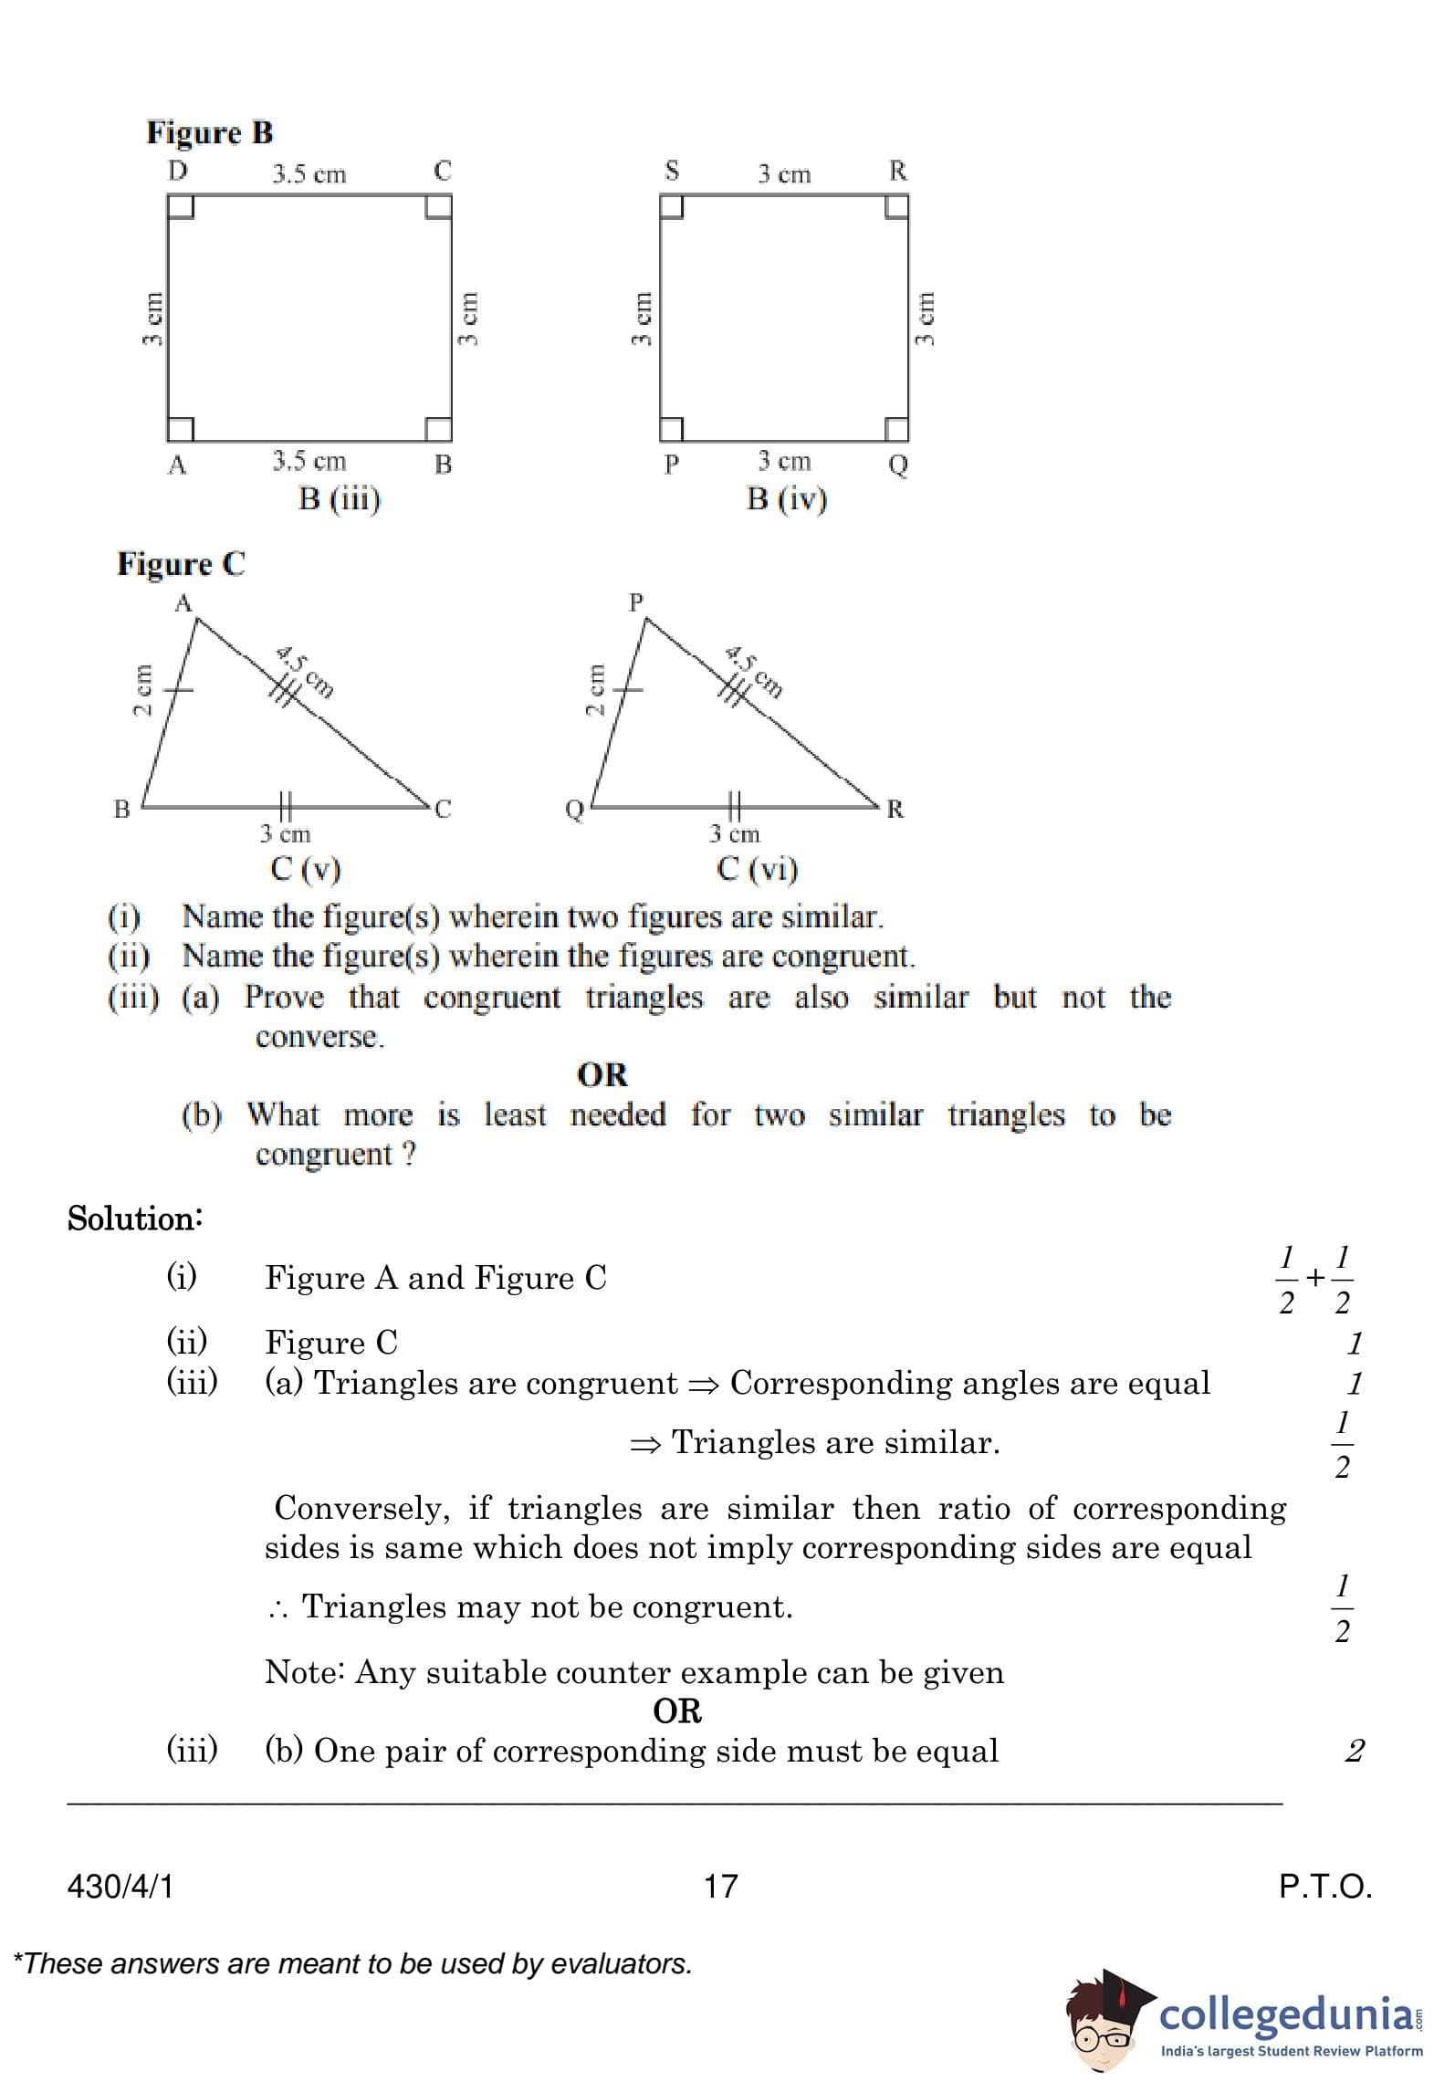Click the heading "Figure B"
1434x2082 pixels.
209,133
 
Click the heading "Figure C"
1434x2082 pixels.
181,564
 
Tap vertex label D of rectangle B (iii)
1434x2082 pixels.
177,171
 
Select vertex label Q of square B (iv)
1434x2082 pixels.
898,465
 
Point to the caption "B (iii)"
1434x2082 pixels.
340,499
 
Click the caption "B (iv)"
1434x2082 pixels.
787,499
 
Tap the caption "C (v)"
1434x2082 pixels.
306,868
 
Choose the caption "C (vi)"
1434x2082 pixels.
758,868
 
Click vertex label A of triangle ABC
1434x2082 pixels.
183,603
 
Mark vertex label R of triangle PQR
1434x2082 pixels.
895,809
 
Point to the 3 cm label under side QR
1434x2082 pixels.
735,833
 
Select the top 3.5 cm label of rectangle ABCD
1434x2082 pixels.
309,174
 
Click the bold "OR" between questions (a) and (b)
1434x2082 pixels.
602,1074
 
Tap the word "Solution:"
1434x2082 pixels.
135,1219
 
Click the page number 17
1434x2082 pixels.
720,1886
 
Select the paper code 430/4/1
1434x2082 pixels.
120,1886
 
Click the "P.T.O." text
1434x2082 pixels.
1325,1886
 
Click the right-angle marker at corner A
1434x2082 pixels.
180,428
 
